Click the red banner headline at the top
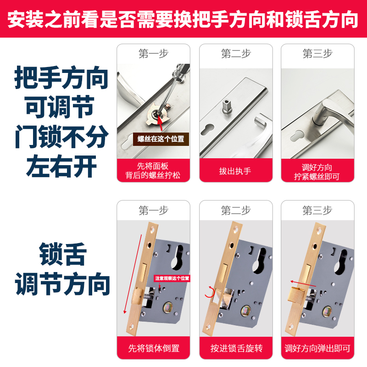[183, 20]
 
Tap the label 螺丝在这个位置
[161, 139]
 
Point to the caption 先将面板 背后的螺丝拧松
[153, 171]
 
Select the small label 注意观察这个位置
[172, 278]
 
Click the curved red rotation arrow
[209, 292]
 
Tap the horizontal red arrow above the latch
[302, 283]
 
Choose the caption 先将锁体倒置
[153, 348]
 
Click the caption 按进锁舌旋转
[236, 348]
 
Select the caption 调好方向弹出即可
[317, 348]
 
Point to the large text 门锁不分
[61, 137]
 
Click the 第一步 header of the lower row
[153, 211]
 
